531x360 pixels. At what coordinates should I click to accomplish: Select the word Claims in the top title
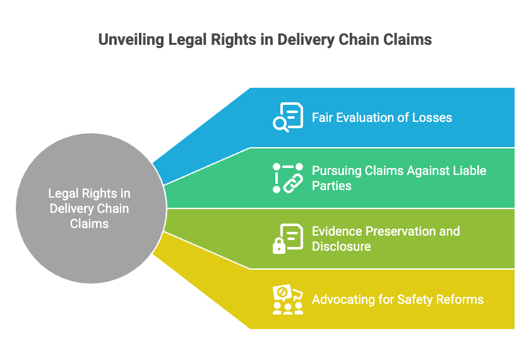[408, 40]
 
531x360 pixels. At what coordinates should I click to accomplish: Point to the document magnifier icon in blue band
[288, 117]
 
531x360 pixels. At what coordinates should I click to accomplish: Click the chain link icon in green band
[288, 177]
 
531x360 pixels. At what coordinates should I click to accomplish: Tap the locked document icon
[288, 239]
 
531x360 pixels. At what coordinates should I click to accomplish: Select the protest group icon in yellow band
[288, 299]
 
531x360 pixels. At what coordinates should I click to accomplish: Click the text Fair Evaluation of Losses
[381, 117]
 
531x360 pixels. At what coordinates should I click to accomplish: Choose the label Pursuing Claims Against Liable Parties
[398, 178]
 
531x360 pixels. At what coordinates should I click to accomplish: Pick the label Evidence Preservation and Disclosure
[385, 238]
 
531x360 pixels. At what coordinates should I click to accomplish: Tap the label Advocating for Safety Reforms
[397, 299]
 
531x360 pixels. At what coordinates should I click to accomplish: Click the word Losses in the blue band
[433, 117]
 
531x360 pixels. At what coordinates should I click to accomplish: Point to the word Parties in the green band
[331, 186]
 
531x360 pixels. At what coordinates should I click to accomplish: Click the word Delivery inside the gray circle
[69, 209]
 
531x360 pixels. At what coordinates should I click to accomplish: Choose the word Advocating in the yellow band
[343, 299]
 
